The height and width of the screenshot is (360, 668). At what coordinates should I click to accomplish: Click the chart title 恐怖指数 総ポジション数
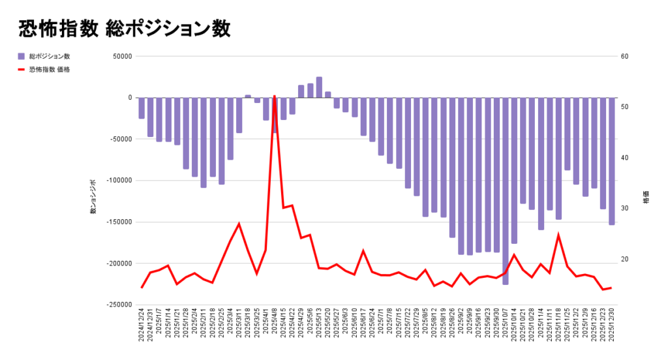pos(125,29)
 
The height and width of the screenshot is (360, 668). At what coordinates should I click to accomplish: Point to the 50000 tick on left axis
pos(122,56)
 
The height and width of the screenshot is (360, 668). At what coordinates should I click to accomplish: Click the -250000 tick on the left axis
pos(118,305)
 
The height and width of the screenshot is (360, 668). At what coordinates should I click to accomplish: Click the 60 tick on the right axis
pos(624,56)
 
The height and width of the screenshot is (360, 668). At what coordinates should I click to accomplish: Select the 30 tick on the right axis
pos(624,209)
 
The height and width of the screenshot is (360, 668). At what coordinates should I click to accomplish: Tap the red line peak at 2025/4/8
pos(275,97)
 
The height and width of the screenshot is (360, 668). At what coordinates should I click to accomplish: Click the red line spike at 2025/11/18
pos(558,235)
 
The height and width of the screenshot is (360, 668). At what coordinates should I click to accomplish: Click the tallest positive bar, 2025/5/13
pos(319,87)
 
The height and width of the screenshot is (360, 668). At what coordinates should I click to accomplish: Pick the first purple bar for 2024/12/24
pos(142,108)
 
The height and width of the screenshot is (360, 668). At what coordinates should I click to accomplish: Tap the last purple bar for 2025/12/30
pos(611,161)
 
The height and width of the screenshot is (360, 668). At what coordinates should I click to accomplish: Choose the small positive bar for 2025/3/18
pos(248,97)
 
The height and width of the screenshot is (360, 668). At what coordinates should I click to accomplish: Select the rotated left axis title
pos(93,198)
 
